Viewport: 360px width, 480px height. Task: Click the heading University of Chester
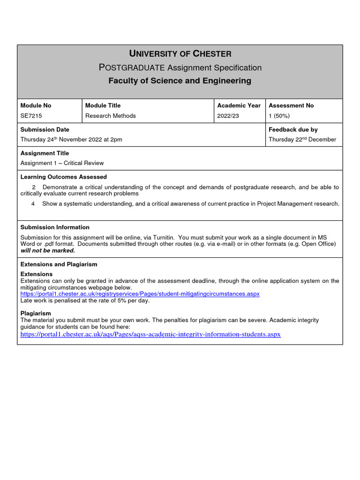tap(180, 54)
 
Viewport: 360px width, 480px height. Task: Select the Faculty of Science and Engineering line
tap(180, 81)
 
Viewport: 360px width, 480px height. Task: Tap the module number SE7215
tap(31, 116)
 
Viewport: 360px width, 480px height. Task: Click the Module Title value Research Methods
tap(111, 116)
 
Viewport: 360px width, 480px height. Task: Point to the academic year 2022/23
tap(228, 116)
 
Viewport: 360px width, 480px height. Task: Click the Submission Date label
tap(45, 129)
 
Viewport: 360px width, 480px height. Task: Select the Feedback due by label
tap(293, 129)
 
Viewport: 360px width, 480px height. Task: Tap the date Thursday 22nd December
tap(302, 139)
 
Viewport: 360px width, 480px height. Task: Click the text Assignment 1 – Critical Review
tap(62, 163)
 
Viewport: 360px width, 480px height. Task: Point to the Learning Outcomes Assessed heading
tap(64, 177)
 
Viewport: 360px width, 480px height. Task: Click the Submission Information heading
tap(55, 227)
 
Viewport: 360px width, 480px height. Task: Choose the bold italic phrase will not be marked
tap(48, 250)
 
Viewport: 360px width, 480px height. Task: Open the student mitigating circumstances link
tap(140, 294)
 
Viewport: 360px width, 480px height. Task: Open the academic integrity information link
tap(150, 334)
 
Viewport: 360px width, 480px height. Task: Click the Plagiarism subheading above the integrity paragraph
tap(36, 313)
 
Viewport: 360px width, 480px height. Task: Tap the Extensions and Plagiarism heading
tap(59, 264)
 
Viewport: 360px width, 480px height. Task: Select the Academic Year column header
tap(239, 105)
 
